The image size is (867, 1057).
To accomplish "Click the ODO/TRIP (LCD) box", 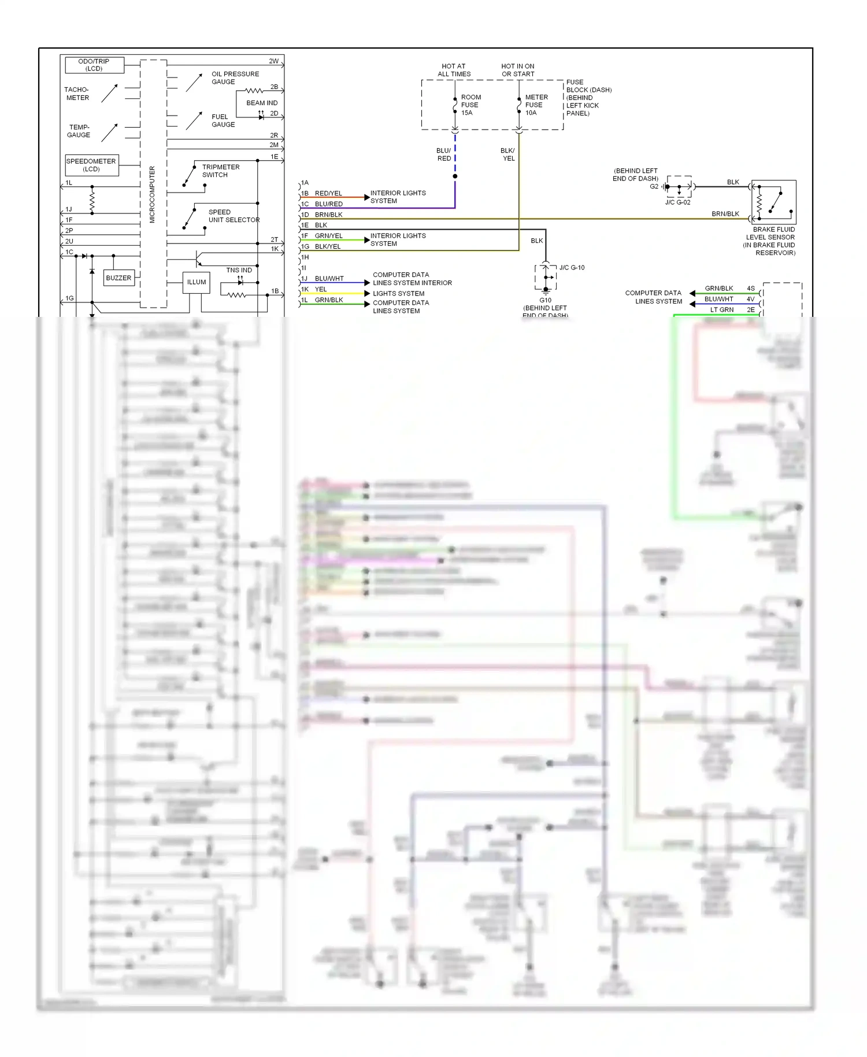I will pos(94,65).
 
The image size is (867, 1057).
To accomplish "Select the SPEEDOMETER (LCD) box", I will pos(92,165).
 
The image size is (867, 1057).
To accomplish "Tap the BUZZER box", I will pos(118,278).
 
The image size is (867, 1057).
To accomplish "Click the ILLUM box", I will pos(197,282).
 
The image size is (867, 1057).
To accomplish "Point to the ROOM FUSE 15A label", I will pos(470,105).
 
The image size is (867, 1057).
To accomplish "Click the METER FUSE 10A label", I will pos(535,105).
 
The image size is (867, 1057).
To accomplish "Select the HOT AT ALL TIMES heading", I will pos(454,70).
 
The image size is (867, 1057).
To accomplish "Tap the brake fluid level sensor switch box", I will pos(774,202).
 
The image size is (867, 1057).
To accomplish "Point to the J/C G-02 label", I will pos(677,202).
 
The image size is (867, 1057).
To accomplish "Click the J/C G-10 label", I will pos(572,268).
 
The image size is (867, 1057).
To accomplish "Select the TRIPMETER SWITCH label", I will pos(220,171).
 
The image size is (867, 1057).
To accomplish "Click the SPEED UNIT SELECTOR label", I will pos(233,216).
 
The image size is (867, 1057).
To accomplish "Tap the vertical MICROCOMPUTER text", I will pos(153,194).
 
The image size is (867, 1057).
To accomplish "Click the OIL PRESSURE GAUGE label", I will pos(235,77).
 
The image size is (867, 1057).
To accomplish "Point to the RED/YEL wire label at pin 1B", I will pos(328,193).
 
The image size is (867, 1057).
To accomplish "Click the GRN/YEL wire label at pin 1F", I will pos(328,236).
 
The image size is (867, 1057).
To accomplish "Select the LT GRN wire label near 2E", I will pos(721,310).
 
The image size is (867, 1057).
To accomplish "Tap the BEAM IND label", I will pos(262,103).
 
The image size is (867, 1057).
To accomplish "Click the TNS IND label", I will pos(239,270).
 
